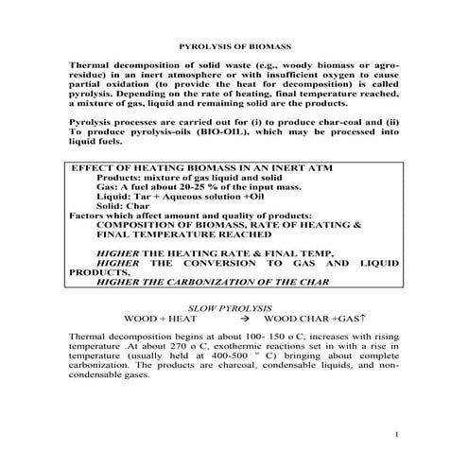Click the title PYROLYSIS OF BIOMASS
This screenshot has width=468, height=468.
(x=234, y=45)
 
